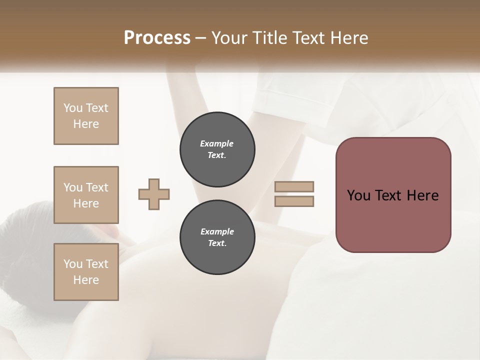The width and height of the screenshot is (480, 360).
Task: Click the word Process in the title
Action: click(x=157, y=38)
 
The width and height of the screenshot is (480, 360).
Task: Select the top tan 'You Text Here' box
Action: click(x=86, y=116)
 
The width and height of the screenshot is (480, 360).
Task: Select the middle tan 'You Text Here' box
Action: click(x=86, y=195)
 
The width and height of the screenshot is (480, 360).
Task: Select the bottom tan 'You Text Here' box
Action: click(x=86, y=272)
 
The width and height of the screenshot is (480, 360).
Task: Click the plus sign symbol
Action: click(x=154, y=194)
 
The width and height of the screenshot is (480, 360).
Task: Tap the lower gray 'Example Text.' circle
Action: click(x=217, y=237)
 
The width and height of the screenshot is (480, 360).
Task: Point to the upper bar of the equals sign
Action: click(x=294, y=186)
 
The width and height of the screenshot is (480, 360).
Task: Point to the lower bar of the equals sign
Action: click(x=294, y=201)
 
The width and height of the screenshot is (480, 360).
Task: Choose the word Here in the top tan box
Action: click(x=86, y=124)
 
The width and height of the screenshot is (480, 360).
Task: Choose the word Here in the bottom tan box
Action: click(x=86, y=280)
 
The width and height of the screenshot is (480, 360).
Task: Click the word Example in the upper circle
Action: click(x=217, y=143)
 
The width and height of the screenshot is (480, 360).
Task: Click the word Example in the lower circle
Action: click(x=217, y=231)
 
